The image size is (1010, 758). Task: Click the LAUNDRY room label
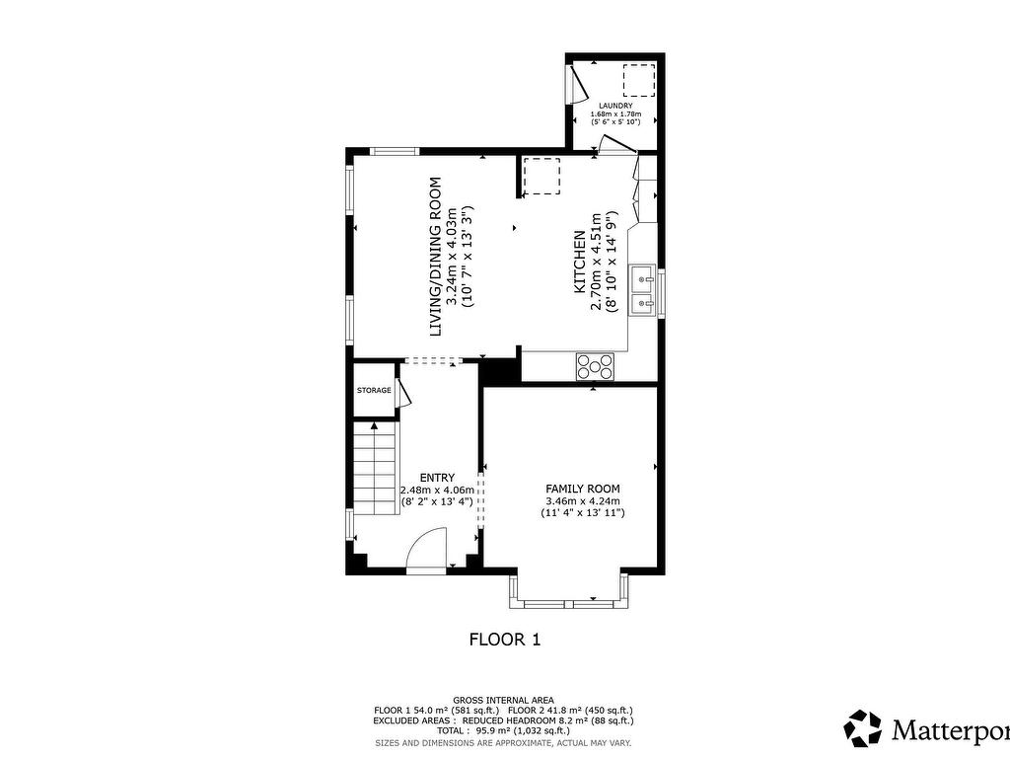[615, 106]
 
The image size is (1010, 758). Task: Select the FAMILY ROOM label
[583, 489]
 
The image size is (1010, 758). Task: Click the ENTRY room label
[437, 478]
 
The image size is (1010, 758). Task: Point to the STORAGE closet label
[374, 391]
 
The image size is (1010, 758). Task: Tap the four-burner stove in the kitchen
[595, 366]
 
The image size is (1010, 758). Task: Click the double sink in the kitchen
[643, 289]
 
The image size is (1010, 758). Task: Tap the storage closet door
[403, 391]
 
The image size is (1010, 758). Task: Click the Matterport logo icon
[864, 728]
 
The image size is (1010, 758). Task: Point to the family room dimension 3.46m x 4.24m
[583, 500]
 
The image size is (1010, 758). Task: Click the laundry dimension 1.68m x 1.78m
[615, 114]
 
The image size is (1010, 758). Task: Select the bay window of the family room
[570, 592]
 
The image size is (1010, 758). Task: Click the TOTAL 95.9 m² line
[503, 730]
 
